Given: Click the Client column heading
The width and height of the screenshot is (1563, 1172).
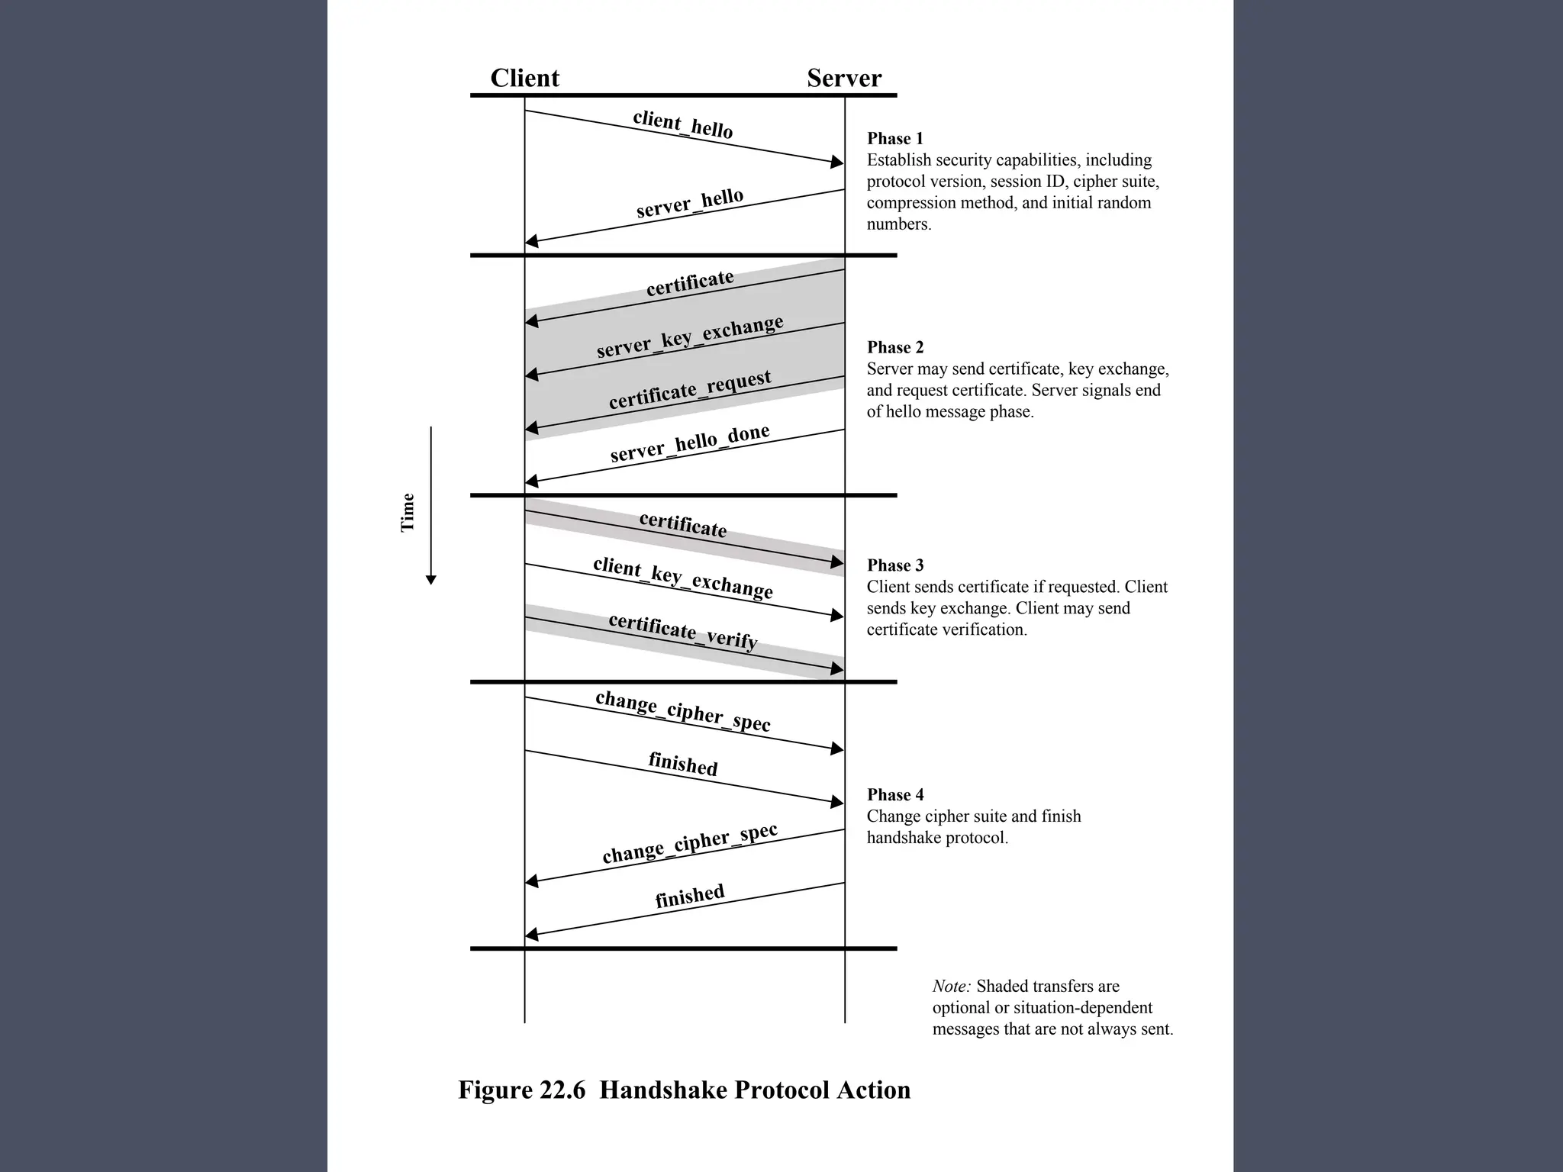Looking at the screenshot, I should coord(524,78).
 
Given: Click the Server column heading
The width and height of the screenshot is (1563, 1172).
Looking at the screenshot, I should coord(843,78).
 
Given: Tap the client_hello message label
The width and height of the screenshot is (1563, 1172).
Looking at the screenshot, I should coord(682,124).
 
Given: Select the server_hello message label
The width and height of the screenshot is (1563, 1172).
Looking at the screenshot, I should coord(690,203).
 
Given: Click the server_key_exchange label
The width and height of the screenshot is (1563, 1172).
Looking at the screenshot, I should coord(690,336).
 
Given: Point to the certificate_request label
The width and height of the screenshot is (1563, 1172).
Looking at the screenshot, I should coord(690,390).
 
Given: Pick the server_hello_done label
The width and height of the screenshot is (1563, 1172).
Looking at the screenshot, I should coord(690,444).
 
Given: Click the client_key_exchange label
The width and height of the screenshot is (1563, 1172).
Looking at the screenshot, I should coord(683,578).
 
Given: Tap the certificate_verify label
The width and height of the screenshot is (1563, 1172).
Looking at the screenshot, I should coord(683,631).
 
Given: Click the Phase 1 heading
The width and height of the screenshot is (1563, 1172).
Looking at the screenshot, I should coord(894,139).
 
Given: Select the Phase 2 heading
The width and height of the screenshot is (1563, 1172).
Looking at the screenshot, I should coord(894,348).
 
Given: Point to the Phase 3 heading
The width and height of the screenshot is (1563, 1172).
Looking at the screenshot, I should coord(894,565).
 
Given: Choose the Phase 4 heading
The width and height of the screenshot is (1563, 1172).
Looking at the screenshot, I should coord(894,795).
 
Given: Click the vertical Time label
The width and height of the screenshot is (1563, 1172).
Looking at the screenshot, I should coord(408,512).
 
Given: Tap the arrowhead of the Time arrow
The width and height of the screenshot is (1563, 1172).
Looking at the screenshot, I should coord(430,580).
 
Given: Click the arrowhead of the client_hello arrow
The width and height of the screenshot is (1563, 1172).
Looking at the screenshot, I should coord(837,162).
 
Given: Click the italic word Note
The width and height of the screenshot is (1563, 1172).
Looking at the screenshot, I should coord(951,987).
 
